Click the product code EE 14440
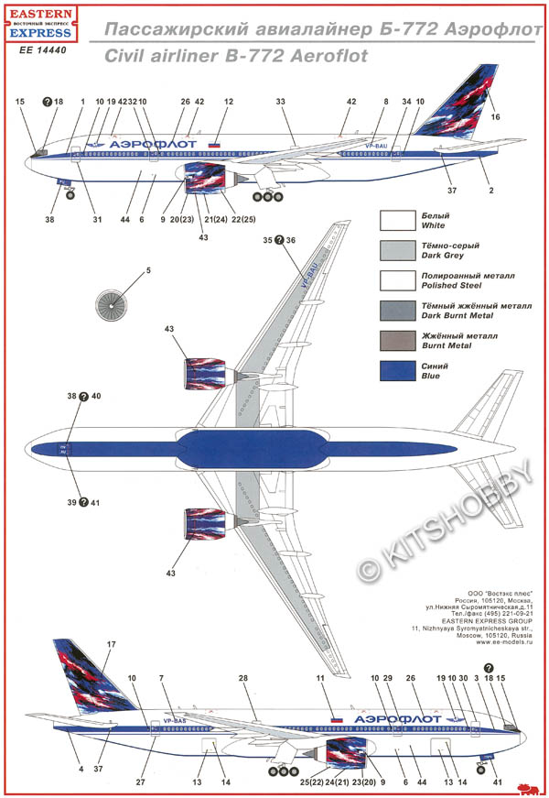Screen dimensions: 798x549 [44, 50]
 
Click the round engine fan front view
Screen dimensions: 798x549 [113, 304]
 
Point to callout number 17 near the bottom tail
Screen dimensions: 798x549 [111, 646]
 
